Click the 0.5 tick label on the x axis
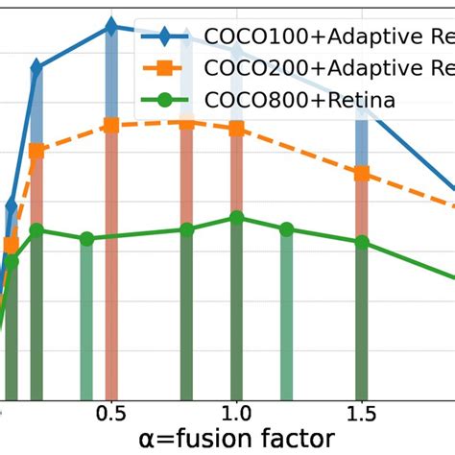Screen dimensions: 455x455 click(x=111, y=413)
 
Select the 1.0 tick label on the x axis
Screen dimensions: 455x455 click(x=235, y=413)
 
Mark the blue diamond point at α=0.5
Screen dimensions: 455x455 click(x=111, y=27)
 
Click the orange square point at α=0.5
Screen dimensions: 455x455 click(x=111, y=125)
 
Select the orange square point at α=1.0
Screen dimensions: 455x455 click(x=236, y=128)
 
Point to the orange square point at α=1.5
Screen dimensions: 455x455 click(x=362, y=174)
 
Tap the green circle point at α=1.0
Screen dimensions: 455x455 click(x=236, y=218)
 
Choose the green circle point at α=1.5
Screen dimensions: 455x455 click(x=362, y=242)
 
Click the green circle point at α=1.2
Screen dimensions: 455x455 click(x=286, y=229)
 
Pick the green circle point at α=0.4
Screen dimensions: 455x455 click(x=86, y=238)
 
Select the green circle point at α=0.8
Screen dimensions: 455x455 click(x=187, y=229)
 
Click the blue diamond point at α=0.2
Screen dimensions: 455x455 click(x=36, y=68)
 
